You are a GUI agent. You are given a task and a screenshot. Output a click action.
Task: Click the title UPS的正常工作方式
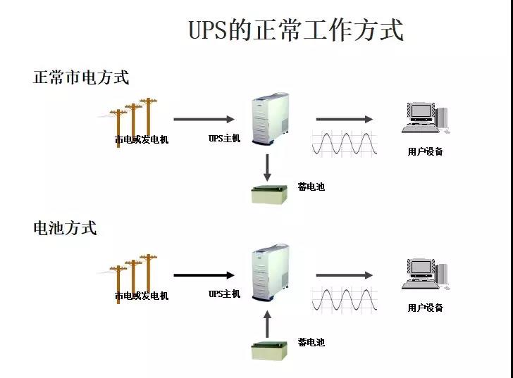(x=296, y=30)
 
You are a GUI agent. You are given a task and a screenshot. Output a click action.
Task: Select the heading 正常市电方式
(x=81, y=77)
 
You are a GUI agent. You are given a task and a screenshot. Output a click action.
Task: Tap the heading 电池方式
(x=65, y=228)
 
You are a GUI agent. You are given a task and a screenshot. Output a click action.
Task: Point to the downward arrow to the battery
(x=268, y=168)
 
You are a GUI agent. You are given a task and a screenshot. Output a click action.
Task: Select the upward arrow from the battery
(x=268, y=323)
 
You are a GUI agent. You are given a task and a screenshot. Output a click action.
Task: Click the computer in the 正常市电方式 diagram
(x=425, y=118)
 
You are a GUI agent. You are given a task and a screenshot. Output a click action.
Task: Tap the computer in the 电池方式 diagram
(x=425, y=275)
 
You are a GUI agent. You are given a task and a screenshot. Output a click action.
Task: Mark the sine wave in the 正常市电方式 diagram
(x=345, y=144)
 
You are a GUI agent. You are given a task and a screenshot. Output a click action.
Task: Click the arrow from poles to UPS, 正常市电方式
(x=204, y=119)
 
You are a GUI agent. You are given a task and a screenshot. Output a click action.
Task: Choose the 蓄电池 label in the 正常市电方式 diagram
(x=311, y=187)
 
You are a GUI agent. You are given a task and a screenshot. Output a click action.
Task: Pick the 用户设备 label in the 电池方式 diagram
(x=425, y=308)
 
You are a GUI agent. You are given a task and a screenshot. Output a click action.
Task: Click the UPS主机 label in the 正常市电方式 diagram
(x=224, y=139)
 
